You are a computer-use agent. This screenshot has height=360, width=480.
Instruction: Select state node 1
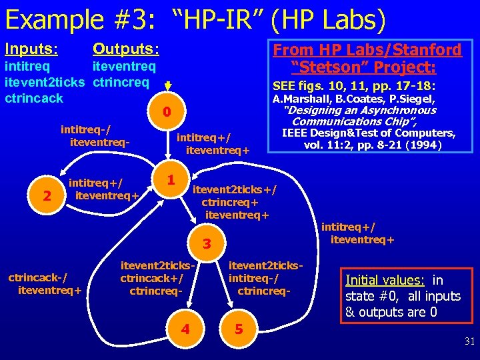coord(171,180)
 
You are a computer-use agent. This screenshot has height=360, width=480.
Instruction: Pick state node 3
coord(207,244)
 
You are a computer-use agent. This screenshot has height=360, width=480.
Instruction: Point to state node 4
coord(185,329)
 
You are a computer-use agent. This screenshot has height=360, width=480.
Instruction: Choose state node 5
coord(238,329)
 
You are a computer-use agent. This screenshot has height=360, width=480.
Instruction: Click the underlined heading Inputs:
coord(31,49)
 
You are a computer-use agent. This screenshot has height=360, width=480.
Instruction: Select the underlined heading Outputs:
coord(126,49)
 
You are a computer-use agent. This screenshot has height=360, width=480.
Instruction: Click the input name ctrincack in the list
coord(34,98)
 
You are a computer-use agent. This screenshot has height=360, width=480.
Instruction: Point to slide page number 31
coord(469,341)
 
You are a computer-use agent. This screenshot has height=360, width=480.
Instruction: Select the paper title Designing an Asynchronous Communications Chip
coord(359,115)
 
